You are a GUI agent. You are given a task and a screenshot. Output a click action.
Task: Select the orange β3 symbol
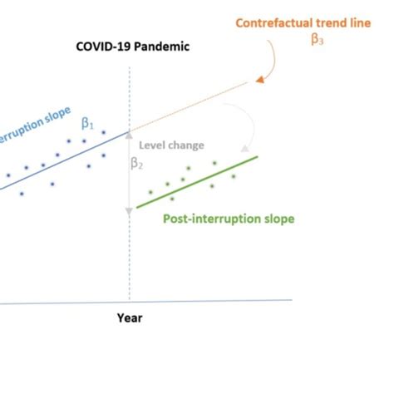(x=318, y=39)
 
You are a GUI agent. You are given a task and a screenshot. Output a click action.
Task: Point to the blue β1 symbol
(x=88, y=123)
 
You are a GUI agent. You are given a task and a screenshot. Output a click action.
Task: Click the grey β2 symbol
(x=137, y=163)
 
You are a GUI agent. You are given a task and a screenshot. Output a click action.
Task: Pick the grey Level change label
(x=171, y=145)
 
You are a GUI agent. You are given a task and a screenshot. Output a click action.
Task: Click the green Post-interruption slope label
(x=228, y=219)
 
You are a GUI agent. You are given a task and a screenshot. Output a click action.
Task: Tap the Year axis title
(x=130, y=318)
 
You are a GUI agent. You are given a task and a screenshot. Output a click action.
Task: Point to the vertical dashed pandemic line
(x=130, y=249)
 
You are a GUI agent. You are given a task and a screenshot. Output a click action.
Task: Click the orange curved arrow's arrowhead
(x=260, y=80)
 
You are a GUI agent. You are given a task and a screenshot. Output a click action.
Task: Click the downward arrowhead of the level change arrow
(x=129, y=212)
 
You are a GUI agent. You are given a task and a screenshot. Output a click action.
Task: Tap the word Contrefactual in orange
(x=278, y=23)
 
